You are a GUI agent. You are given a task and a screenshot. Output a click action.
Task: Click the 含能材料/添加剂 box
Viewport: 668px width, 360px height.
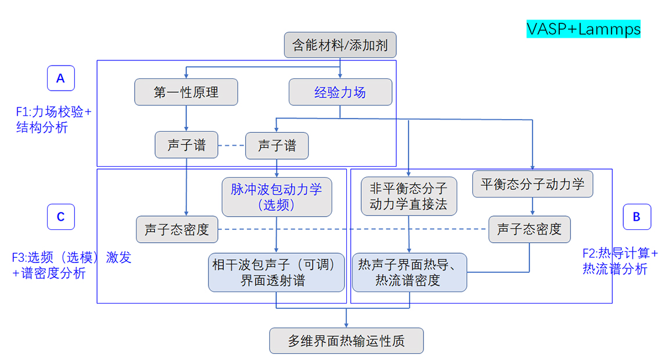coord(340,45)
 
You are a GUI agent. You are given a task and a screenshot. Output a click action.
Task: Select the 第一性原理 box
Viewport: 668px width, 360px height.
coord(186,92)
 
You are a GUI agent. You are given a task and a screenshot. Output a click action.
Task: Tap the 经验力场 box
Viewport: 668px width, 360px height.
coord(340,92)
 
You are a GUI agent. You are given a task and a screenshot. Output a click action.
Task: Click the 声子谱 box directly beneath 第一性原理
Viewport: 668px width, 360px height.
coord(186,145)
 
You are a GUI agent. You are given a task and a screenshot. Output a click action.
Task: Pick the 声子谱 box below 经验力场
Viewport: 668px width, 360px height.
coord(276,145)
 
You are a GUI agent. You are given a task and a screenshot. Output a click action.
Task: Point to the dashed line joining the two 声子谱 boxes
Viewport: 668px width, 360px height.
coord(231,145)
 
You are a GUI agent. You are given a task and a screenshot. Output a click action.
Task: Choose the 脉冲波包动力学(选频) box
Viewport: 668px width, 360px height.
coord(276,197)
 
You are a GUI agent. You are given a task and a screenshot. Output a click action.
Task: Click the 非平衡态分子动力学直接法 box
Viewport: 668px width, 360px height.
coord(409,196)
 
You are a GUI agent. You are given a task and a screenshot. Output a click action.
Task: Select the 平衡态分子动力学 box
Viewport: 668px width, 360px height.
coord(533,185)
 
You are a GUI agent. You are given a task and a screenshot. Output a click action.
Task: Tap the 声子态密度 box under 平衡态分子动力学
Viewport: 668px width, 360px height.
coord(529,229)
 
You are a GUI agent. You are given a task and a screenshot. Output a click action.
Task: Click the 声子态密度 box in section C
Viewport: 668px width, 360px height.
coord(177,230)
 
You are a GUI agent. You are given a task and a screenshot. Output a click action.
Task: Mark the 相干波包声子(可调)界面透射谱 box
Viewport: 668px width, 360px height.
coord(276,273)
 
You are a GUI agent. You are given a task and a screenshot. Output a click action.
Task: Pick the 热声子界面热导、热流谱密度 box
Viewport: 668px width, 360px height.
coord(410,273)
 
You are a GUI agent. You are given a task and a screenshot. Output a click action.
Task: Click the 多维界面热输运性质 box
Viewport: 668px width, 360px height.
coord(346,341)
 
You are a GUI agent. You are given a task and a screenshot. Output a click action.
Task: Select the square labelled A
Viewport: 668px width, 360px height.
coord(60,78)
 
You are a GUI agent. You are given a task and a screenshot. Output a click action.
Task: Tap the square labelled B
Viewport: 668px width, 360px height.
coord(637,217)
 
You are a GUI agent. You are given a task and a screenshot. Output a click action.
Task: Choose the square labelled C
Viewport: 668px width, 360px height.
coord(60,217)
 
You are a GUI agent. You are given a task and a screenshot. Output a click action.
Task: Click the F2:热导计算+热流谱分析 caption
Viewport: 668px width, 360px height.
coord(620,261)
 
